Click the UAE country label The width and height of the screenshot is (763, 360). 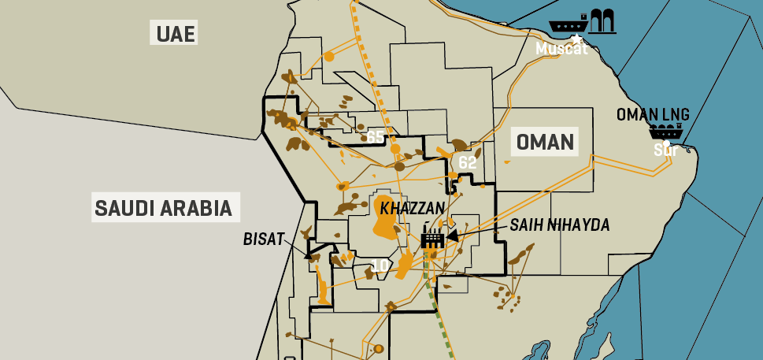pyautogui.click(x=175, y=33)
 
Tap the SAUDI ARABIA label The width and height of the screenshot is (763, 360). pyautogui.click(x=163, y=208)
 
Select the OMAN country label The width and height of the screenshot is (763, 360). pyautogui.click(x=544, y=143)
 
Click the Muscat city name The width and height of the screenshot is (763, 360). pyautogui.click(x=561, y=49)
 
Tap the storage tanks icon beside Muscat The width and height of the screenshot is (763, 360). pyautogui.click(x=602, y=20)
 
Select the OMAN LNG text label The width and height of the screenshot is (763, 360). pyautogui.click(x=653, y=115)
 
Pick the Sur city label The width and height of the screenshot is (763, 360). pyautogui.click(x=665, y=150)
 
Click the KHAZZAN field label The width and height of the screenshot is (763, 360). pyautogui.click(x=413, y=208)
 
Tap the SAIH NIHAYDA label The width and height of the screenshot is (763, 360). pyautogui.click(x=560, y=225)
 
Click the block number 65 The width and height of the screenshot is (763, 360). pyautogui.click(x=376, y=138)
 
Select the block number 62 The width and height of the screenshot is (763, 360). pyautogui.click(x=467, y=162)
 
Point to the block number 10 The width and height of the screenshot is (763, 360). pyautogui.click(x=379, y=266)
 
